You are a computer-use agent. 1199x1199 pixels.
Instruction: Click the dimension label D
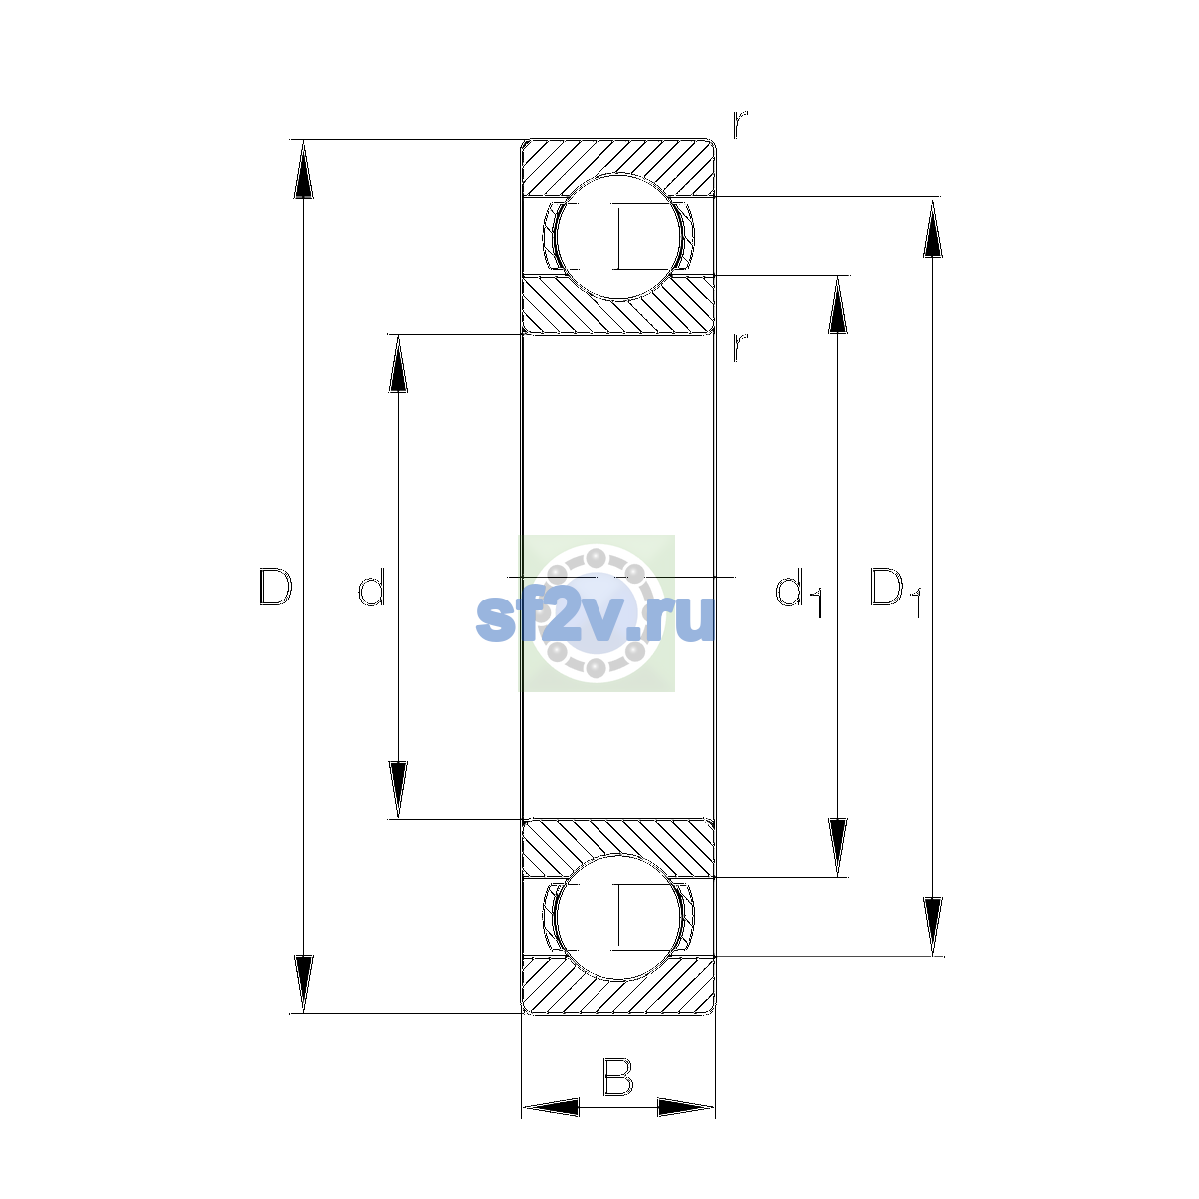click(x=275, y=587)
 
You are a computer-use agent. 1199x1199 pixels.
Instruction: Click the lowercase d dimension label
click(x=372, y=587)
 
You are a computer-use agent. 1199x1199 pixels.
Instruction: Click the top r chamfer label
click(x=739, y=125)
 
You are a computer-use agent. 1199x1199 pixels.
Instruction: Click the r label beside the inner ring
click(x=739, y=347)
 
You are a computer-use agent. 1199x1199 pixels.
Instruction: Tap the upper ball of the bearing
click(x=618, y=237)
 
